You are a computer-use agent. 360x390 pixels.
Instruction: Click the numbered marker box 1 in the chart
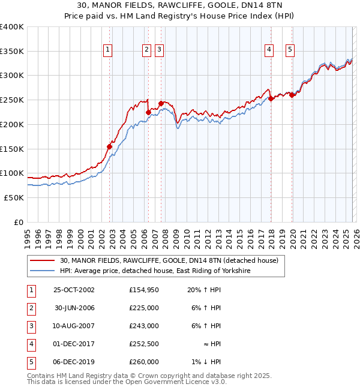(x=107, y=50)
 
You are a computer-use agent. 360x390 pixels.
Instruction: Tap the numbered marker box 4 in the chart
(x=269, y=50)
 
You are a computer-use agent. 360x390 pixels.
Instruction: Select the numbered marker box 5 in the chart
(x=290, y=50)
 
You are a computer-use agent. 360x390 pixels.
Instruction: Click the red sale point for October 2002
(x=110, y=146)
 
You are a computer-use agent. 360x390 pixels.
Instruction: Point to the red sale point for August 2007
(x=161, y=103)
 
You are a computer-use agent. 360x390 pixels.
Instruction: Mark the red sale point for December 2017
(x=271, y=99)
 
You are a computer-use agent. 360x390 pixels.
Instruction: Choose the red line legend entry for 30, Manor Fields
(x=169, y=261)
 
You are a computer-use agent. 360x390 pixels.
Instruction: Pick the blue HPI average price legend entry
(x=155, y=271)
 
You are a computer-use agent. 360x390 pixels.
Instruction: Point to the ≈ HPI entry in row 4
(x=211, y=344)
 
